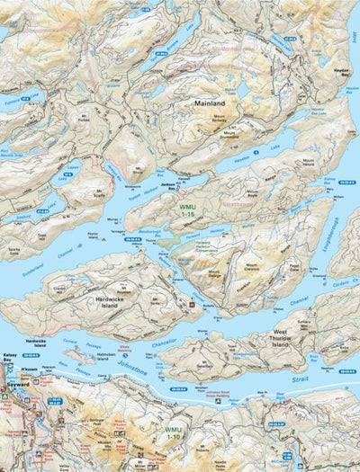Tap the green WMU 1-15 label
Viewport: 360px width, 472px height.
coord(186,211)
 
